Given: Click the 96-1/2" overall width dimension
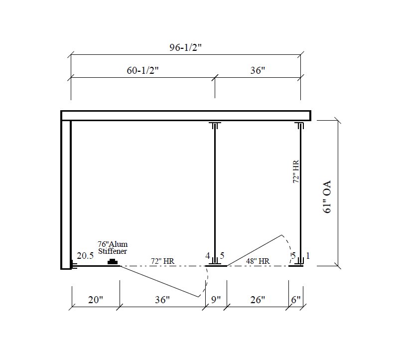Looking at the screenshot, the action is point(185,47).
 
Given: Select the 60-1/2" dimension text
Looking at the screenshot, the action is point(142,70).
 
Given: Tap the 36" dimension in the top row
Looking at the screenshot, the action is point(258,70).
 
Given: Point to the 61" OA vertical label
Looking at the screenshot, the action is point(327,197).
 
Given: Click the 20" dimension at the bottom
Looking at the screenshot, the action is point(96,300).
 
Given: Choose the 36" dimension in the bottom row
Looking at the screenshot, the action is point(162,300).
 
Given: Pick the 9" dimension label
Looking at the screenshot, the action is point(216,300).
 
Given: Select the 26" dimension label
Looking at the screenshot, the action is point(258,300).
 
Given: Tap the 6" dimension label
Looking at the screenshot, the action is point(296,300).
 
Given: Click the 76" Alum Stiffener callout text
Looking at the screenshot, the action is point(113,248).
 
